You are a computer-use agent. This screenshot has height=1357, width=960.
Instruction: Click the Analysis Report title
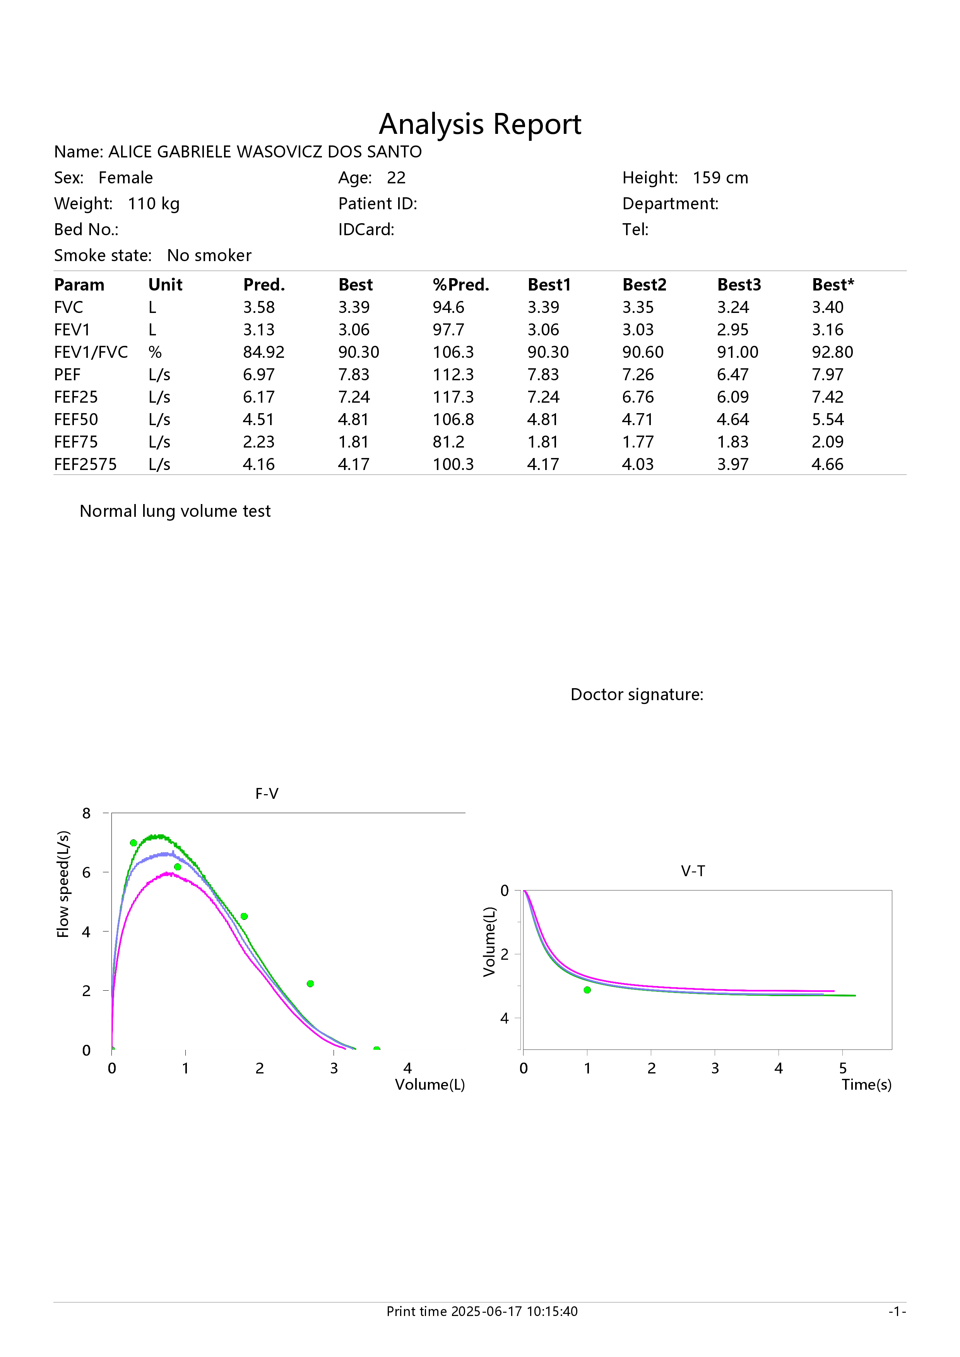coord(480,125)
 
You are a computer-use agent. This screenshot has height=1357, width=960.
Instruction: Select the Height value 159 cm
coord(720,178)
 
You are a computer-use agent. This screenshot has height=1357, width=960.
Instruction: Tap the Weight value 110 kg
coord(154,204)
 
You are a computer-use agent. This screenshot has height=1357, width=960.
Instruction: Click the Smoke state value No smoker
coord(209,255)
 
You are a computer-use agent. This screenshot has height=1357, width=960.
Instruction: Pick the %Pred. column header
coord(461,285)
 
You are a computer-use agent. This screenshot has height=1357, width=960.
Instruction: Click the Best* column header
coord(833,285)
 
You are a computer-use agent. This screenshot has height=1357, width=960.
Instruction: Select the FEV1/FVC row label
coord(91,352)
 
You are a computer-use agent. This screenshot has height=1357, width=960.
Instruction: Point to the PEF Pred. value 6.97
coord(259,375)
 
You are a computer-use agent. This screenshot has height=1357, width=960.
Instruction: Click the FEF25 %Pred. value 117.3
coord(453,397)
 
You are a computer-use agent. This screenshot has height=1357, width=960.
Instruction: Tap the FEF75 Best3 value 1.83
coord(733,442)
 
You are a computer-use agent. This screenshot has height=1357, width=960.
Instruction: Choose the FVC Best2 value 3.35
coord(638,307)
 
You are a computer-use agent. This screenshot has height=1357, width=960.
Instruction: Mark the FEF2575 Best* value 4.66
coord(828,465)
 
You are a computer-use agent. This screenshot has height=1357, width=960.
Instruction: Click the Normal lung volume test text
coord(175,511)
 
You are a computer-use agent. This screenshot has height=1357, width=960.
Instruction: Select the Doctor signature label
coord(637,694)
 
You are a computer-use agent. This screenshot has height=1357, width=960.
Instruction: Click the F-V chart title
coord(267,794)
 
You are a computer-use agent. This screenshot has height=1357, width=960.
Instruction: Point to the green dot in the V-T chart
coord(587,990)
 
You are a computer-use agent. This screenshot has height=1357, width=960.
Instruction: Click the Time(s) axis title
coord(867,1085)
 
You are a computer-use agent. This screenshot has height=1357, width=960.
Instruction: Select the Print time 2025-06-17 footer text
coord(482,1311)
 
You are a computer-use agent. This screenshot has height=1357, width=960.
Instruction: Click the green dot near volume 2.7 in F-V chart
coord(310,983)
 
